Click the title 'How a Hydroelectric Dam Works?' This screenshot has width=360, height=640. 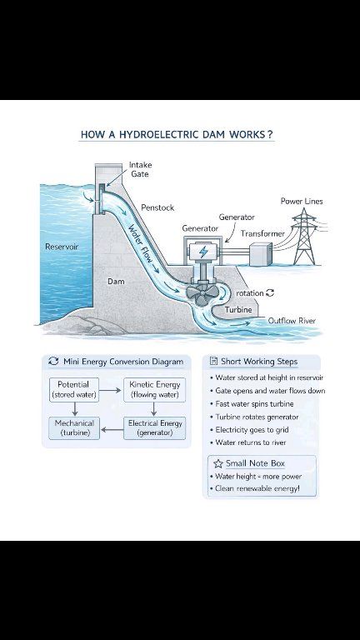point(177,134)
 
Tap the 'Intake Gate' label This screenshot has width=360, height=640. point(140,169)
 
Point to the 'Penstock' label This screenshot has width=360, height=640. point(157,207)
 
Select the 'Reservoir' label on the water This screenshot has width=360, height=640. point(62,247)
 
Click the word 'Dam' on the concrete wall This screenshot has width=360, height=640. point(116,281)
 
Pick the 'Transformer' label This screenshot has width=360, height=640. point(262,233)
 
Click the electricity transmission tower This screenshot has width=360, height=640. point(304,237)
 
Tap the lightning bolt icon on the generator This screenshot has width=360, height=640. point(202,252)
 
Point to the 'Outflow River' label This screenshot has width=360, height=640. point(292,321)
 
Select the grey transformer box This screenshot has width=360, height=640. point(260,254)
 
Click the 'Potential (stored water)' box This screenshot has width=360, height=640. point(74,390)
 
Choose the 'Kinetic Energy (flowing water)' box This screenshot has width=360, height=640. point(154,390)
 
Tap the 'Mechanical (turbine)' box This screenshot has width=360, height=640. point(74,428)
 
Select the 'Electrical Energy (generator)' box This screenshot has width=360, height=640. point(154,428)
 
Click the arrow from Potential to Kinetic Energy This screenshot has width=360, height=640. point(110,390)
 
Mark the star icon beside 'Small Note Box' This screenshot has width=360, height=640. point(218,463)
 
